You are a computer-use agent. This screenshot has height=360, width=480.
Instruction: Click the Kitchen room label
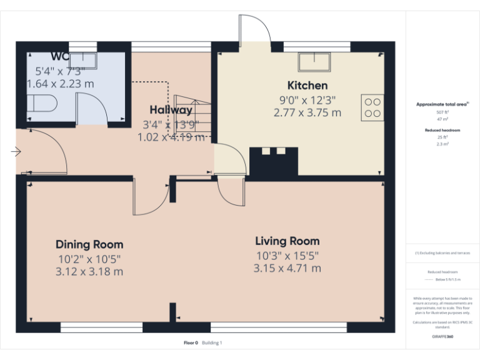[307, 86]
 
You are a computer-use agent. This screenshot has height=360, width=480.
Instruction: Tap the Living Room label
[287, 241]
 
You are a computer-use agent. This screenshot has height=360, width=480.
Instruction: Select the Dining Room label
[89, 244]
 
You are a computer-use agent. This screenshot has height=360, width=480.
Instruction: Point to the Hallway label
[171, 110]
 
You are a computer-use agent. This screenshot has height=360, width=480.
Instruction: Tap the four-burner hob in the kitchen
[372, 107]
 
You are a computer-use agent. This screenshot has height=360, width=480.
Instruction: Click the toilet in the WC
[43, 104]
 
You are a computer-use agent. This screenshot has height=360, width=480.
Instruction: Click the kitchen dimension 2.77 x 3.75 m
[307, 113]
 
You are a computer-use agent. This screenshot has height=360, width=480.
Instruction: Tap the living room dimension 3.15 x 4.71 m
[287, 269]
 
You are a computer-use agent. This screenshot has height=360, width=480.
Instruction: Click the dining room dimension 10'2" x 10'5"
[89, 258]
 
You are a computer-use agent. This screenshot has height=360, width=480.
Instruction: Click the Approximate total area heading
[442, 104]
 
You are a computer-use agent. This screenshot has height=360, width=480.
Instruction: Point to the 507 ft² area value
[442, 112]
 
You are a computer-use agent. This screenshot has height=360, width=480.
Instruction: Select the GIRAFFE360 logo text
[442, 336]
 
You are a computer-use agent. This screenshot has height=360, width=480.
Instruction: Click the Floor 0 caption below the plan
[191, 342]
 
